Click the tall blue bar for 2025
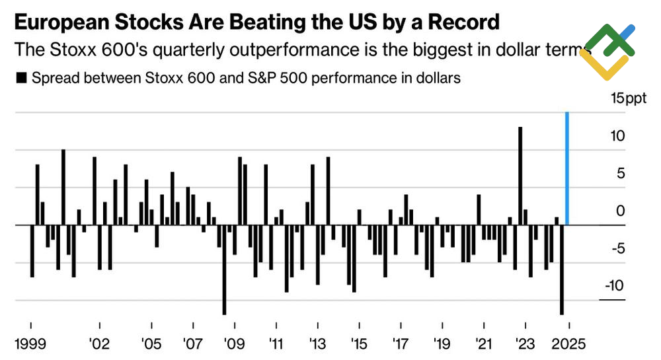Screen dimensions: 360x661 coord(567,168)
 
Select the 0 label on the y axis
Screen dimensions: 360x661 coord(620,211)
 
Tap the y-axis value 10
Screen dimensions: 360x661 coord(617,136)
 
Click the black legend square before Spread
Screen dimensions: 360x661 coord(20,79)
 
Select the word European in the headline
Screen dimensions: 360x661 coord(58,23)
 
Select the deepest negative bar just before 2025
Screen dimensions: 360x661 coord(562,270)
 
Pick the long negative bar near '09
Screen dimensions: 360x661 coord(224,270)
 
